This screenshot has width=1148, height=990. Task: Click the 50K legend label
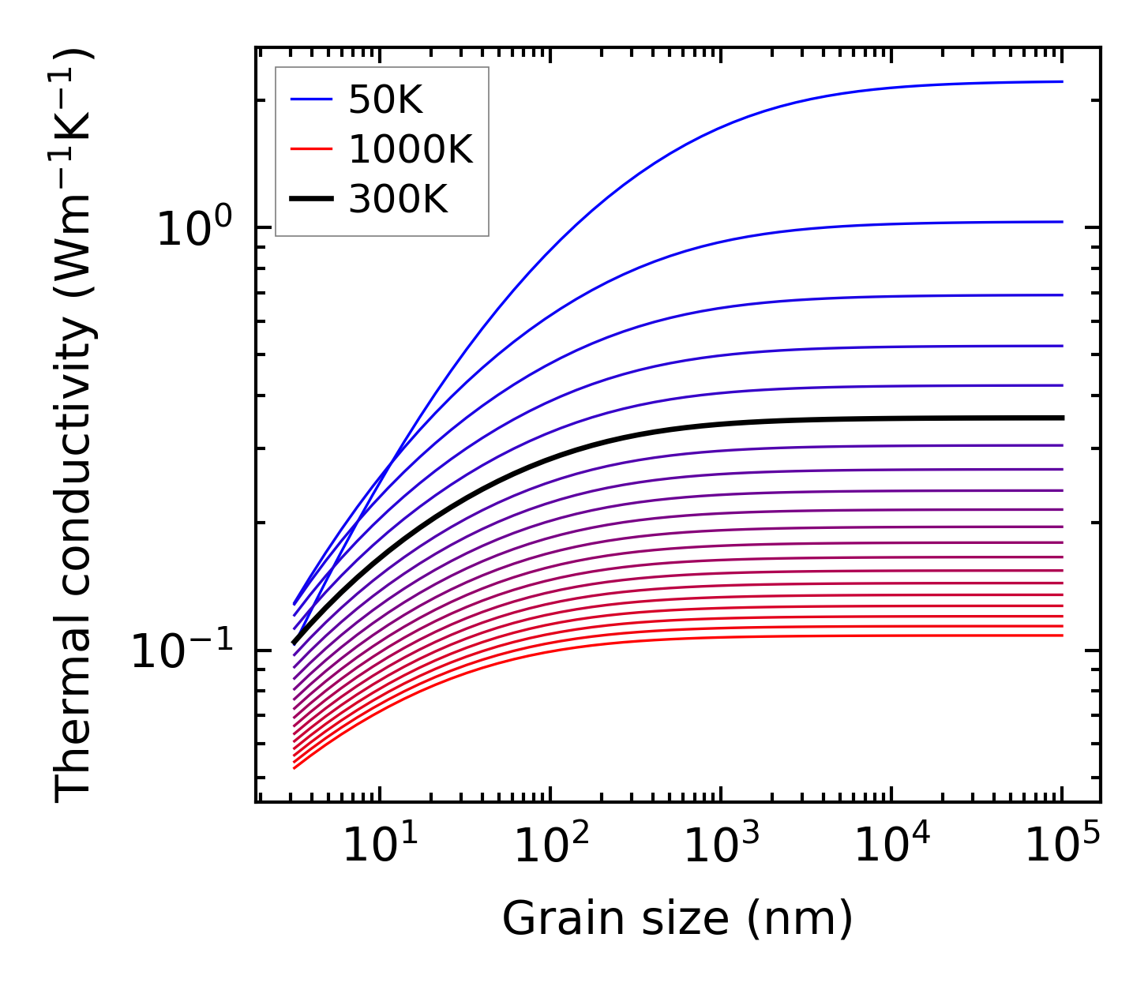click(385, 101)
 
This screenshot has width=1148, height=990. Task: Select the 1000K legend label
click(410, 150)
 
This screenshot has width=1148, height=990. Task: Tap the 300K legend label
click(397, 201)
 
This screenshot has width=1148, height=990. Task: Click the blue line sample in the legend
click(312, 99)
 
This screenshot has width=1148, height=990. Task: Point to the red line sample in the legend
click(312, 149)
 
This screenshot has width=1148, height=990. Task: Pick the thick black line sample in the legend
click(312, 200)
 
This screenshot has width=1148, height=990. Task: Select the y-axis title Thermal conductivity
click(75, 426)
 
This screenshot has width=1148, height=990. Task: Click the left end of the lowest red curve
click(295, 767)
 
